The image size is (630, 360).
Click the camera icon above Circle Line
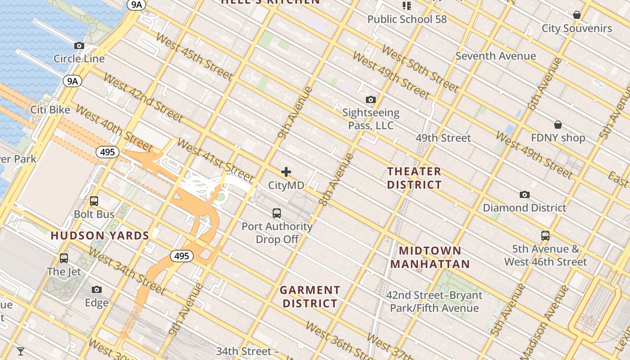click(x=79, y=46)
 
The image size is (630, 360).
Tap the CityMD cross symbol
click(x=286, y=172)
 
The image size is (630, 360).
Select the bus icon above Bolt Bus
click(x=94, y=201)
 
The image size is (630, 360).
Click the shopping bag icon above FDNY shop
click(x=558, y=125)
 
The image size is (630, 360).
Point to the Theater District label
click(x=414, y=178)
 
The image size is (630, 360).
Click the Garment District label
click(x=310, y=297)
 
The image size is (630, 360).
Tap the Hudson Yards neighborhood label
click(x=100, y=235)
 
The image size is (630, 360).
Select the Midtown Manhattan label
click(x=430, y=257)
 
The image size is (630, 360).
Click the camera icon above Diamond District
click(x=524, y=195)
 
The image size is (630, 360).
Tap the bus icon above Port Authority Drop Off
click(x=277, y=213)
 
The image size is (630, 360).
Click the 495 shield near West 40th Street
click(x=108, y=152)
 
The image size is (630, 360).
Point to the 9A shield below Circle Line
click(x=72, y=81)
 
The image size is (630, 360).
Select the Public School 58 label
click(x=407, y=19)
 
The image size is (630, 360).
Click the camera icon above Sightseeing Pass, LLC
click(x=371, y=99)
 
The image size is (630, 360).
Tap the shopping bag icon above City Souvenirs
click(x=577, y=15)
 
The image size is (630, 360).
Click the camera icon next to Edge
click(x=97, y=289)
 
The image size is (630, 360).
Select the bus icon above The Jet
click(x=64, y=258)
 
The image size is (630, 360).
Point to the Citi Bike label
click(x=50, y=110)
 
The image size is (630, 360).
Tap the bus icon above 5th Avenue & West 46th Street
click(x=545, y=235)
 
